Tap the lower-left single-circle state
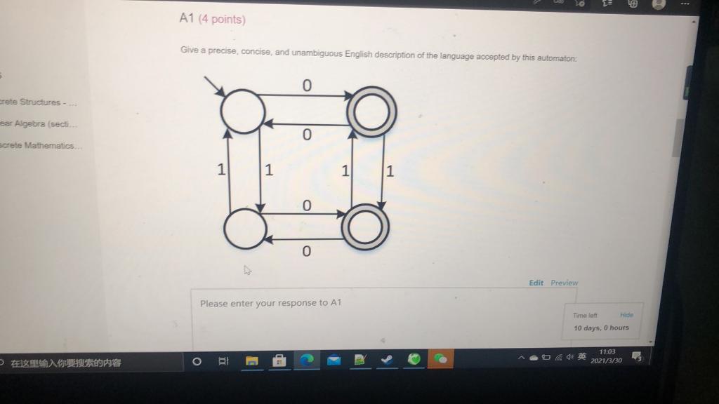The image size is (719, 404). click(x=244, y=227)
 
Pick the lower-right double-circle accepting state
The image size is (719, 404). click(x=365, y=227)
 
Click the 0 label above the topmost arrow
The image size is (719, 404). click(x=306, y=85)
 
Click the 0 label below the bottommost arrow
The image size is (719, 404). click(x=305, y=251)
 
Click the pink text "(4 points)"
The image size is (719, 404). click(x=222, y=20)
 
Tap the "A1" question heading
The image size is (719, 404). click(x=186, y=19)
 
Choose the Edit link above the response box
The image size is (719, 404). click(x=536, y=283)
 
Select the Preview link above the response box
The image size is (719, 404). click(x=565, y=283)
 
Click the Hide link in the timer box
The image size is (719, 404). click(x=626, y=316)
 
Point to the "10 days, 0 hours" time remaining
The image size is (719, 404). click(x=601, y=328)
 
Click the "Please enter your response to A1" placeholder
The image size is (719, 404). click(x=270, y=303)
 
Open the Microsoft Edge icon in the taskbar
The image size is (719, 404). click(x=306, y=360)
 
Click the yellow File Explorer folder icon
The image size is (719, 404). click(x=252, y=361)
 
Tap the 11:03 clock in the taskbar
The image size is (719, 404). click(x=607, y=352)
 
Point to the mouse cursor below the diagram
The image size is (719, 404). click(x=247, y=269)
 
